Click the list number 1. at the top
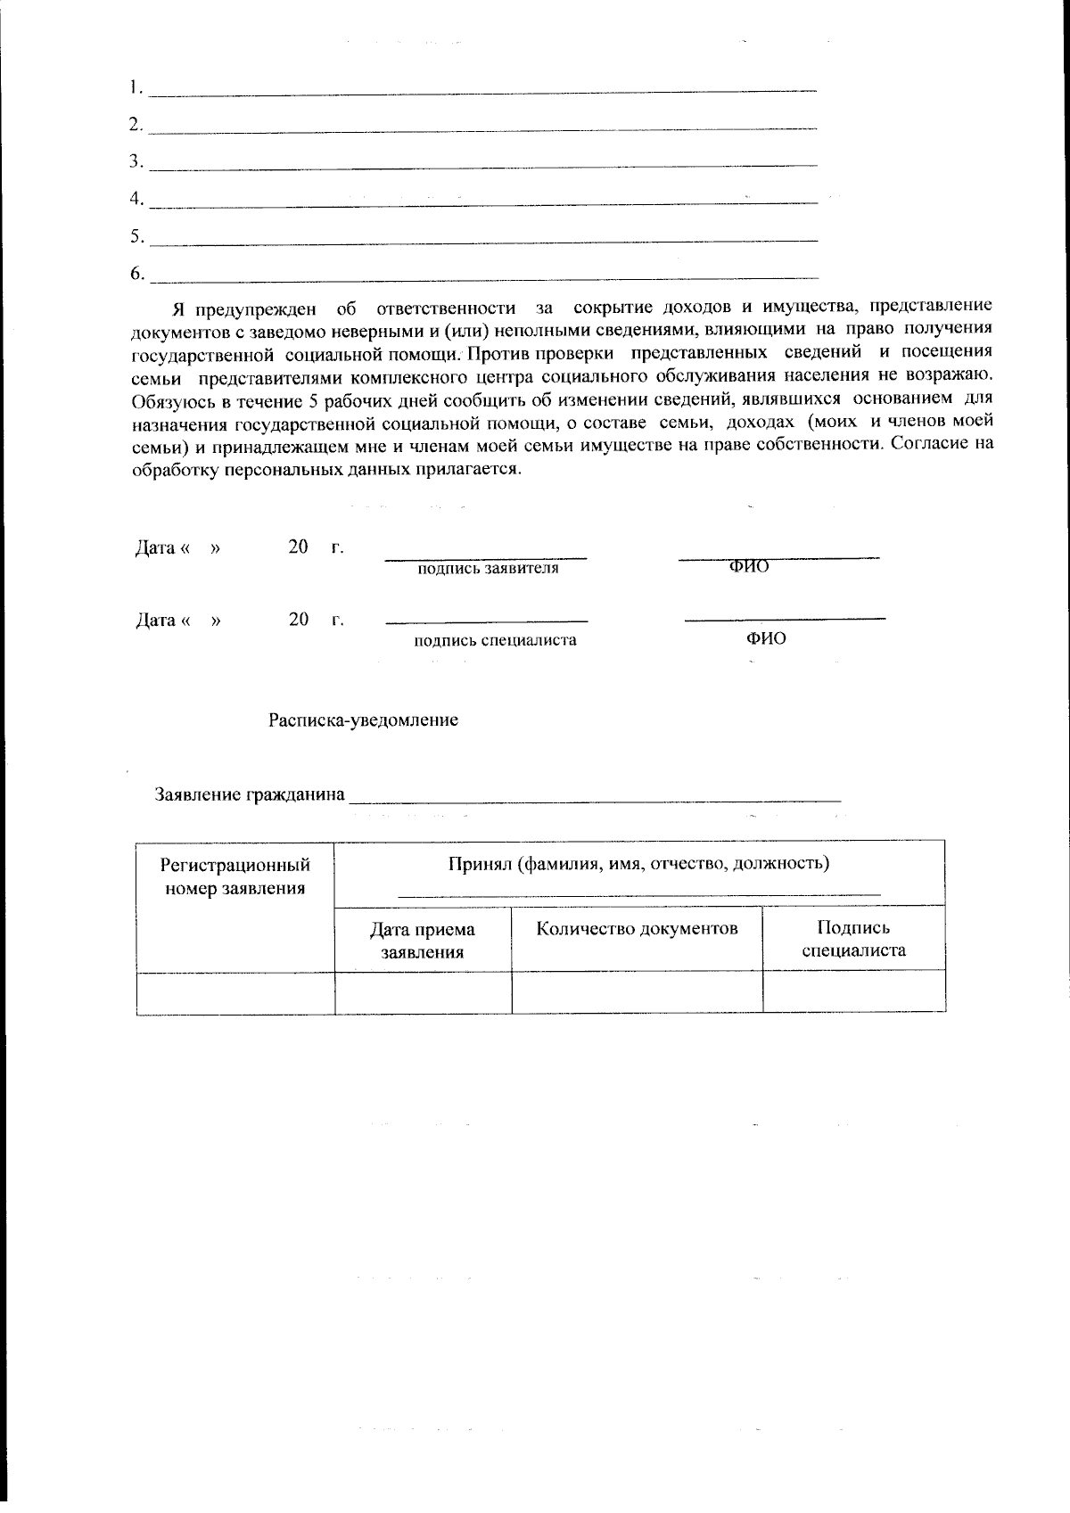[136, 87]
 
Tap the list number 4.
[136, 199]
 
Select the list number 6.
[136, 274]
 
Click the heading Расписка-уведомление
[364, 719]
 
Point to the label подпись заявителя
[488, 569]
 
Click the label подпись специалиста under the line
[495, 640]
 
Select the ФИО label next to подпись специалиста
[766, 639]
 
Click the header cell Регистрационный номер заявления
[235, 876]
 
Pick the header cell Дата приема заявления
[423, 941]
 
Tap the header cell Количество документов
[637, 929]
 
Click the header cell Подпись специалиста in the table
[853, 939]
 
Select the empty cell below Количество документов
[637, 991]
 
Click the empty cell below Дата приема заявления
[423, 991]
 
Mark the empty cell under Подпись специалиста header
[853, 991]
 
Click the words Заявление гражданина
[250, 794]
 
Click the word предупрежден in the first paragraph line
[256, 308]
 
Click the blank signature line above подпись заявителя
[485, 558]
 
